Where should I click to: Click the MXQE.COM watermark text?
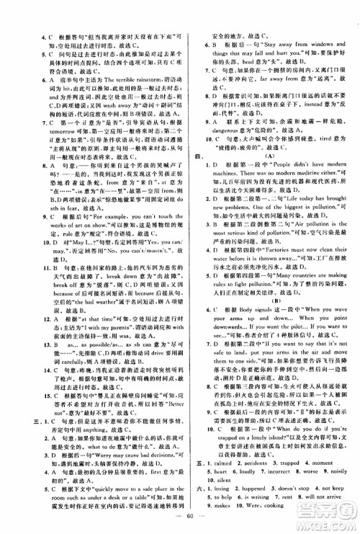point(331,521)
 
